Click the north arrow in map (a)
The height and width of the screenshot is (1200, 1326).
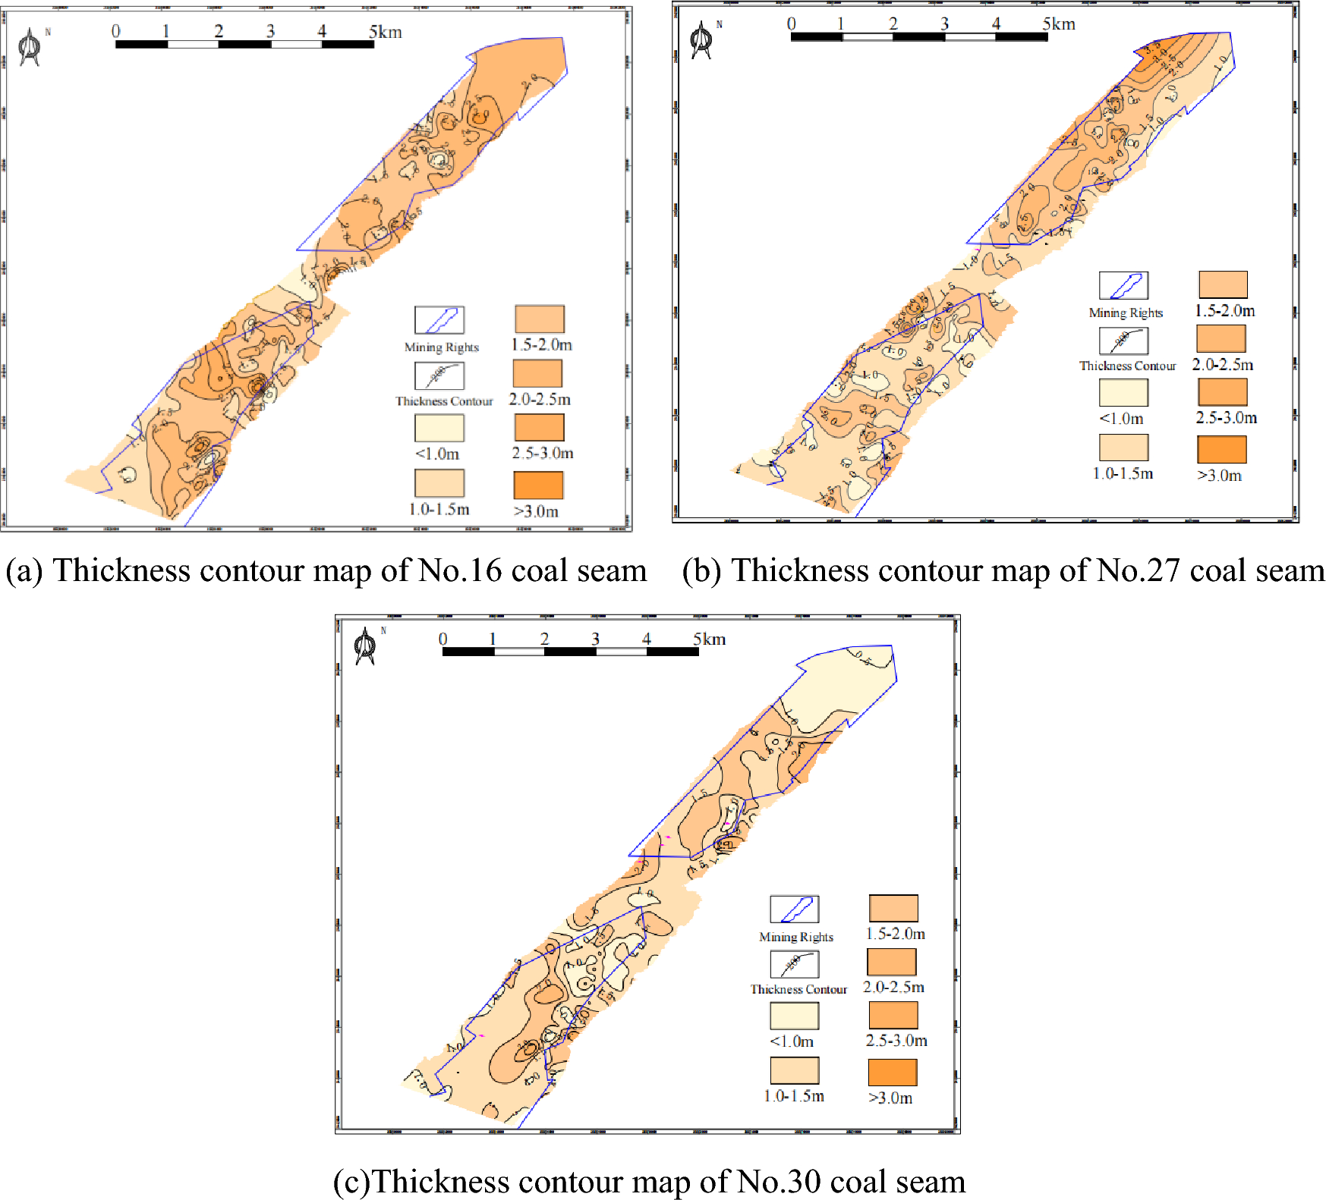tap(30, 47)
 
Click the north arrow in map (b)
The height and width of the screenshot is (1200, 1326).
tap(701, 40)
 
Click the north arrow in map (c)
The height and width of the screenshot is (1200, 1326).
tap(365, 646)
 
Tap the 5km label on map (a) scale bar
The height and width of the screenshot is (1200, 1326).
tap(385, 32)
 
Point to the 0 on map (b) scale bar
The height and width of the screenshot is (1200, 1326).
tap(792, 24)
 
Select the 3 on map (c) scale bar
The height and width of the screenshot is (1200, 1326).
tap(595, 639)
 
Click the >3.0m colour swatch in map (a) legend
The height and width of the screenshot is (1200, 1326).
tap(538, 485)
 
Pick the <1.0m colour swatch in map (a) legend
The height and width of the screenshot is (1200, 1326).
tap(439, 428)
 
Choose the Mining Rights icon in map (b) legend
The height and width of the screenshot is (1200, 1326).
tap(1123, 286)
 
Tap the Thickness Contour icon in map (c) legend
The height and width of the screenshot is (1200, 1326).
tap(794, 964)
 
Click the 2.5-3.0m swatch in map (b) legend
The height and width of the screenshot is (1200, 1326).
tap(1222, 391)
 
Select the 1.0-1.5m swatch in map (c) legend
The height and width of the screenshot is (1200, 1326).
tap(794, 1070)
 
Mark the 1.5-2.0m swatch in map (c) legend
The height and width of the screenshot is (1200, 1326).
tap(893, 908)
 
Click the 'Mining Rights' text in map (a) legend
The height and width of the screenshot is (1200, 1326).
tap(442, 347)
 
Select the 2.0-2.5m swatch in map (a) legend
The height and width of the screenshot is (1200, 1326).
tap(537, 373)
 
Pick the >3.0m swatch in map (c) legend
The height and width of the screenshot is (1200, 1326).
tap(893, 1072)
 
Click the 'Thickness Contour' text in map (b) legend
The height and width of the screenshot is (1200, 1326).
tap(1127, 366)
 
